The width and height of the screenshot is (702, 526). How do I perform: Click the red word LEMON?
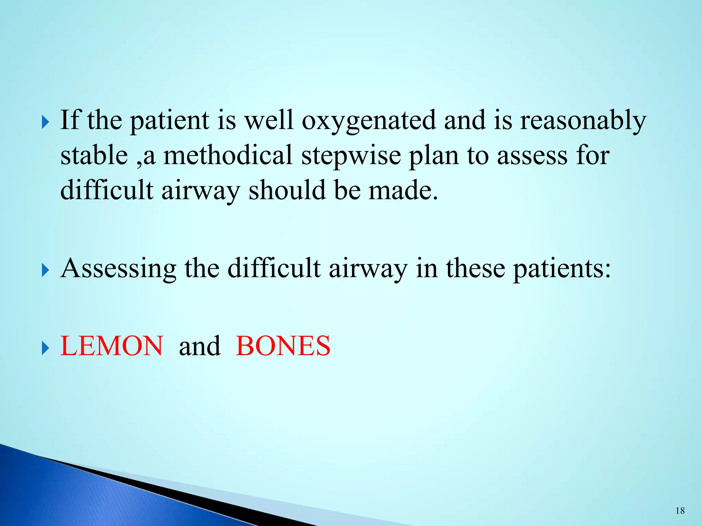112,346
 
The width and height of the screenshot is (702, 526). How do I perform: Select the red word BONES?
283,346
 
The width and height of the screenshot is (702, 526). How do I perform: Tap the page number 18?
680,511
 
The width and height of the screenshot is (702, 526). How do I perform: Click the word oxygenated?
369,121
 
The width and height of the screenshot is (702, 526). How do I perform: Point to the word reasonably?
583,121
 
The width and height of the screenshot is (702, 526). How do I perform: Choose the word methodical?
228,155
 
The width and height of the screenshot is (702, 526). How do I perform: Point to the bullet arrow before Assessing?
45,271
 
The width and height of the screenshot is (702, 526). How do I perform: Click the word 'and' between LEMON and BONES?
200,346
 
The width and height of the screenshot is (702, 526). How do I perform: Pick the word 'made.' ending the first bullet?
403,190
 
